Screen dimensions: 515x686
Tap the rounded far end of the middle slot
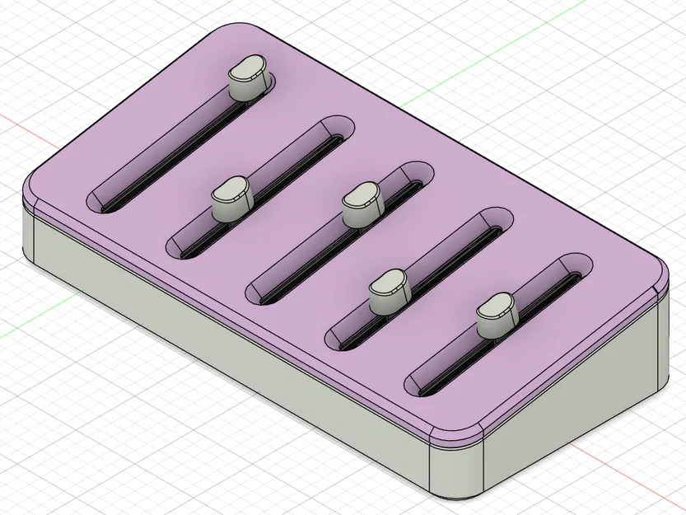[x=418, y=174]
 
